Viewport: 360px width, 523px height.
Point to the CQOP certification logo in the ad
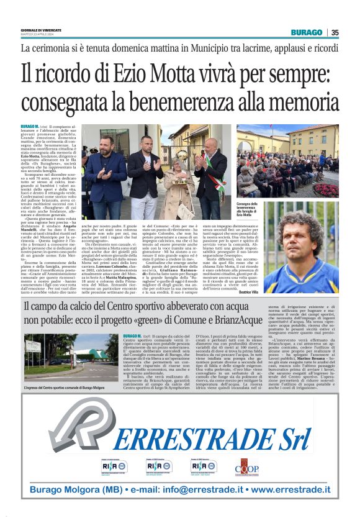pos(247,467)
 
